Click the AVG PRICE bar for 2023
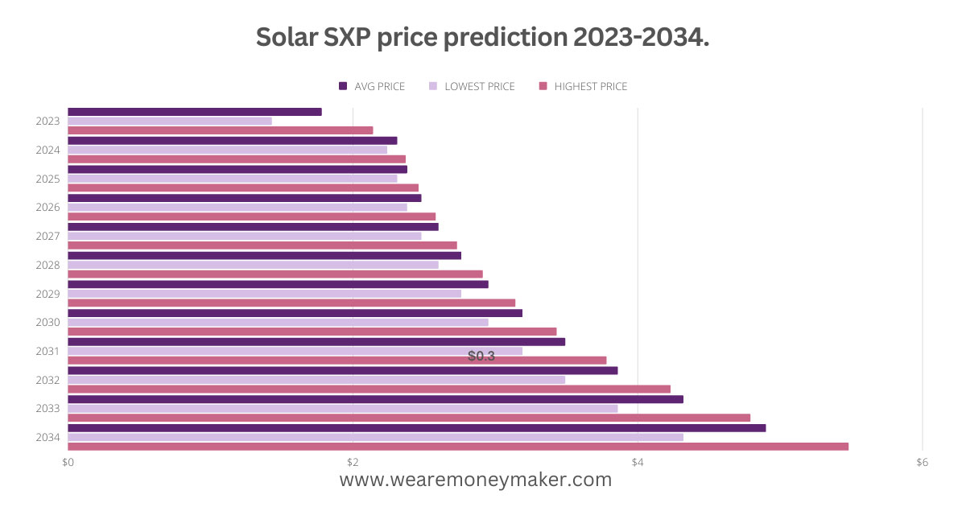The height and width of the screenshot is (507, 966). click(x=194, y=112)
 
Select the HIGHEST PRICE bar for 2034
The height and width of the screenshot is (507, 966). click(x=458, y=447)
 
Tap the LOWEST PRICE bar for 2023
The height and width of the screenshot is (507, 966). click(x=169, y=122)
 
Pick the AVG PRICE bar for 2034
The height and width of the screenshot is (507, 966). click(x=416, y=427)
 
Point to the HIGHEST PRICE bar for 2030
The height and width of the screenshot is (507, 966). click(x=312, y=332)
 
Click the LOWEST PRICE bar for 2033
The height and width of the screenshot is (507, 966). click(x=342, y=408)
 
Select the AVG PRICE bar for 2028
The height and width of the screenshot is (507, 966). click(x=264, y=255)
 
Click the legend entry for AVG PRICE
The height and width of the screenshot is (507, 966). click(x=372, y=86)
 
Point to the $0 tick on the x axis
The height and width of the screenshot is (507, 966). click(x=68, y=462)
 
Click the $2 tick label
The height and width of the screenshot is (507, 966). click(x=353, y=462)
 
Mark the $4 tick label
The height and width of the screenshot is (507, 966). click(x=638, y=462)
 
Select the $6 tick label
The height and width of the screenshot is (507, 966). click(x=923, y=462)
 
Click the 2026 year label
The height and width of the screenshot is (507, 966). click(x=47, y=208)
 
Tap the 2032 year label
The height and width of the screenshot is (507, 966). click(x=47, y=380)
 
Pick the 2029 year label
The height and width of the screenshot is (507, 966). click(x=47, y=294)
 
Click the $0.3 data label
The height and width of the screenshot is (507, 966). click(x=481, y=356)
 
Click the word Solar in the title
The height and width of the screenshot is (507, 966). click(x=287, y=37)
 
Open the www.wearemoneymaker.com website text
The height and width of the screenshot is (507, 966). click(x=476, y=480)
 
